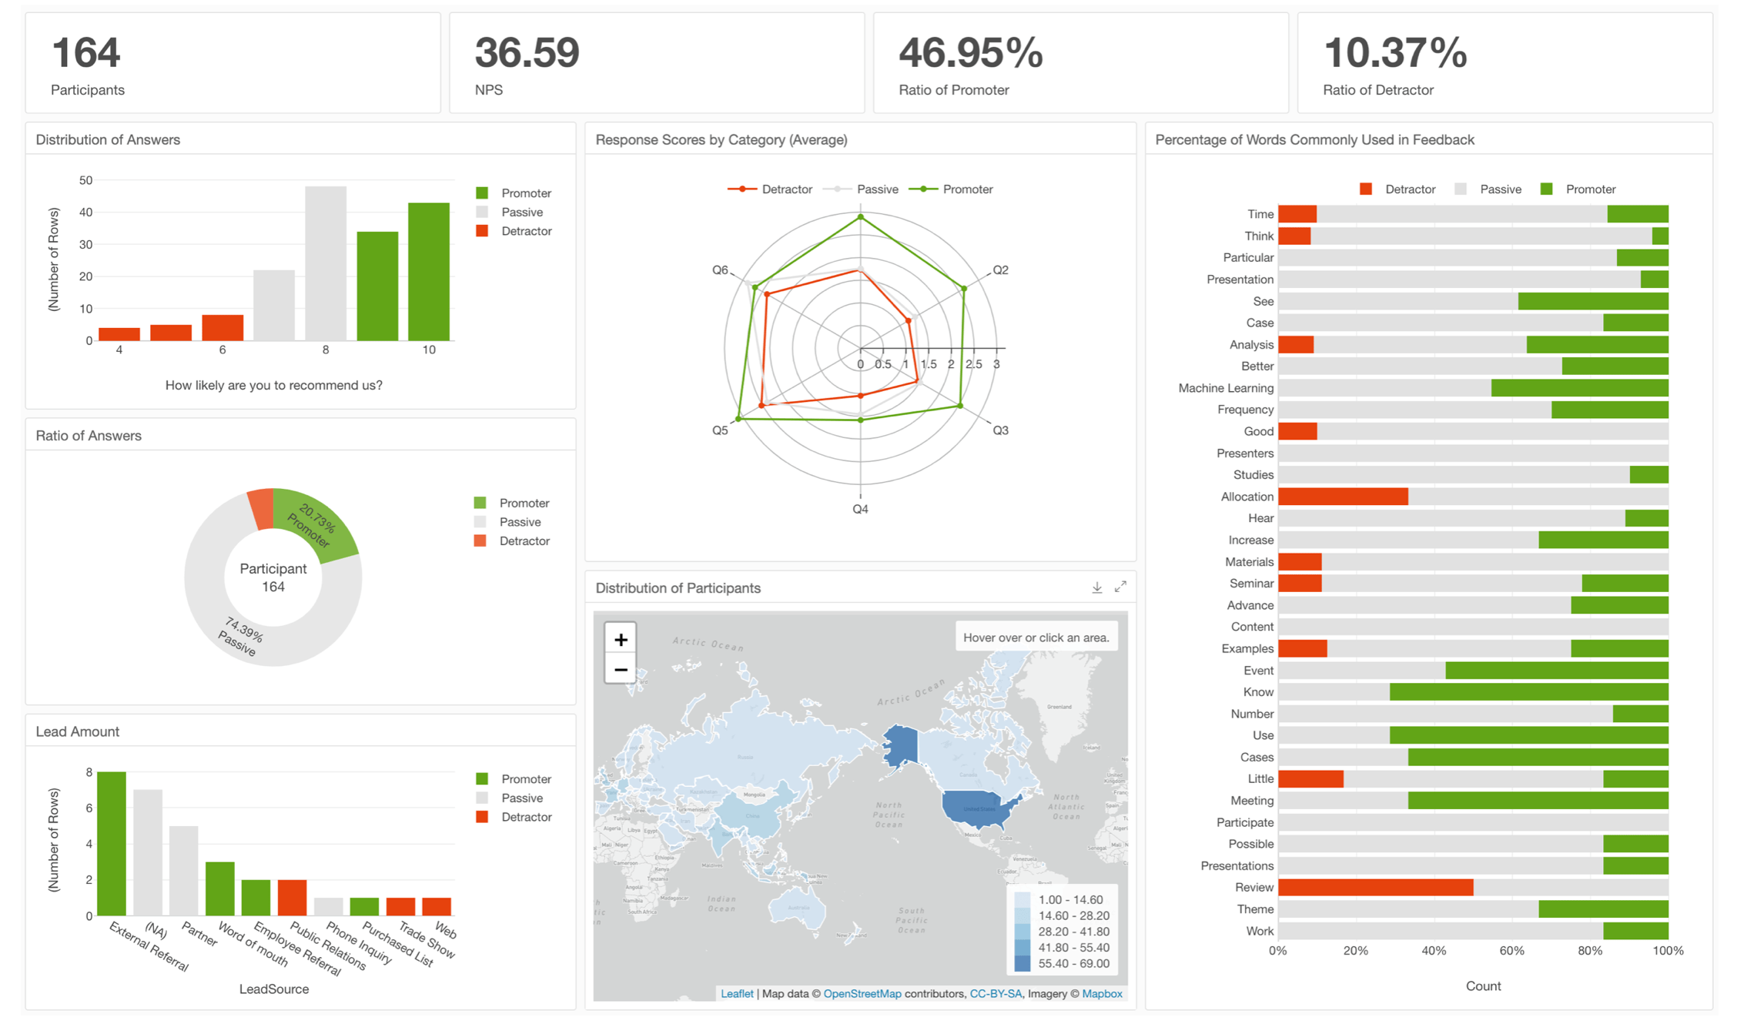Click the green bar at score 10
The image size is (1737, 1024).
coord(429,271)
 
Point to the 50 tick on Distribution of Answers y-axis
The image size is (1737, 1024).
coord(85,180)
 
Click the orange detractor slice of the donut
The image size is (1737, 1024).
coord(261,509)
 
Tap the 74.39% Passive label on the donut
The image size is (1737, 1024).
coord(241,636)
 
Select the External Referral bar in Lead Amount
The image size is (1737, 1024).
coord(112,843)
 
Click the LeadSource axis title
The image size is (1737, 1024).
coord(273,989)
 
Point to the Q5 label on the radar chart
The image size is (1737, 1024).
coord(720,430)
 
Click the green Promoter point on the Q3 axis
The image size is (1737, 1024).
coord(959,406)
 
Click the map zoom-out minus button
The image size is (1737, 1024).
coord(621,670)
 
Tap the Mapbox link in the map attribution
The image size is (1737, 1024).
coord(1102,994)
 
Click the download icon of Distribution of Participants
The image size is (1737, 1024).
coord(1096,587)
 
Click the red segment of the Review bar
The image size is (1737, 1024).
coord(1375,887)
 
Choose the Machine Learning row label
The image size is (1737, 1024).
coord(1226,388)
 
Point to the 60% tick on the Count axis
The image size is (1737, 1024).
coord(1511,951)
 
